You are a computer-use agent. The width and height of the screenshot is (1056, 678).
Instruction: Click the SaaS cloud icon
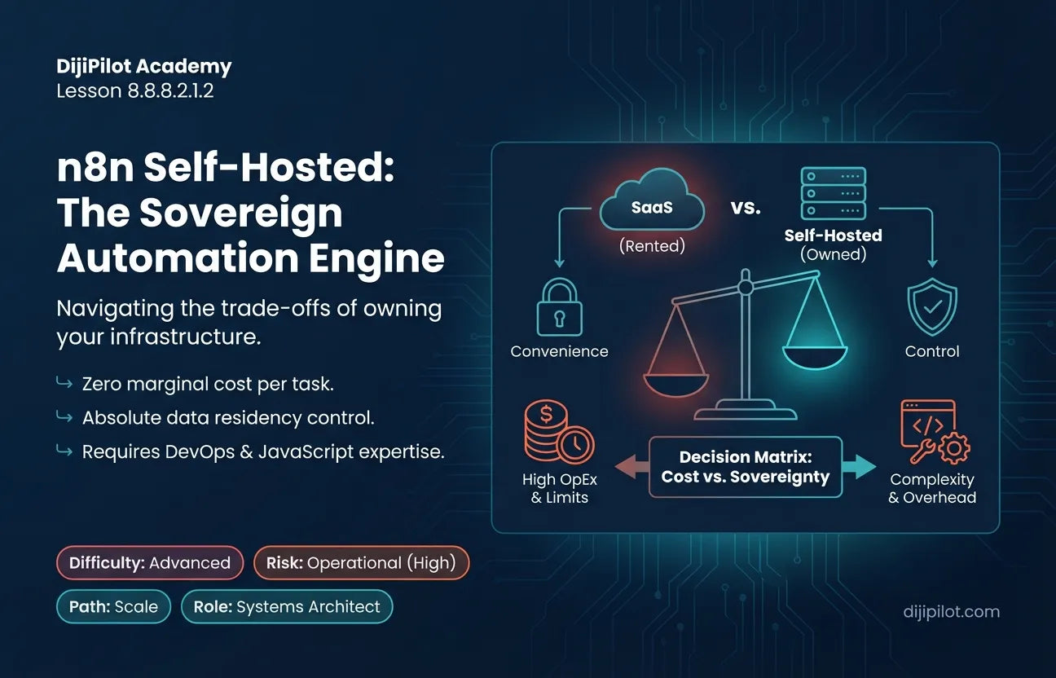click(652, 200)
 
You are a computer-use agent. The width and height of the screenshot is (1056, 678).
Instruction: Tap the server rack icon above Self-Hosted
click(833, 193)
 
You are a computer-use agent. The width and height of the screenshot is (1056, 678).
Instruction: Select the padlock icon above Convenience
click(560, 307)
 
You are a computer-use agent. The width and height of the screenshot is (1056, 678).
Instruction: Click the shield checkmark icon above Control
click(932, 306)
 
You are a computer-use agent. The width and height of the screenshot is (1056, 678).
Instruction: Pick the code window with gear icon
click(935, 431)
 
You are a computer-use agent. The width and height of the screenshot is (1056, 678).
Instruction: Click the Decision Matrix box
click(746, 467)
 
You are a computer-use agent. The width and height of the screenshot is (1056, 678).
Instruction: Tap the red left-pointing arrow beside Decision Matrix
click(631, 467)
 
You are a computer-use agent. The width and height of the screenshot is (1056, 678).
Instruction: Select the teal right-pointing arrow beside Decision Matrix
click(859, 467)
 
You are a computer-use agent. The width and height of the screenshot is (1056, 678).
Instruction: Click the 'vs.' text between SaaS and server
click(746, 208)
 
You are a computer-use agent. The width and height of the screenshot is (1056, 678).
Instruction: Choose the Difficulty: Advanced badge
click(150, 562)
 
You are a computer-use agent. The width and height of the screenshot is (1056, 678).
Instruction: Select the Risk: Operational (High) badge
click(361, 562)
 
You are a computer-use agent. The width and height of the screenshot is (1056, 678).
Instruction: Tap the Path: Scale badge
click(113, 606)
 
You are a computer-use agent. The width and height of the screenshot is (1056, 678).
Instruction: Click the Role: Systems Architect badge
click(287, 606)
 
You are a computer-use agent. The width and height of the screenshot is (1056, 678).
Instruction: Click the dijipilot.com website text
click(952, 611)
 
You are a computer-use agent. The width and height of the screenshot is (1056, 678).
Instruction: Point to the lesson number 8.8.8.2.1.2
click(170, 91)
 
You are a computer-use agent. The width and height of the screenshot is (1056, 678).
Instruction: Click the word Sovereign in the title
click(241, 214)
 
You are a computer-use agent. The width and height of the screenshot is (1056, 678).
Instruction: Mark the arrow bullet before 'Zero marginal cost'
click(64, 382)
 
